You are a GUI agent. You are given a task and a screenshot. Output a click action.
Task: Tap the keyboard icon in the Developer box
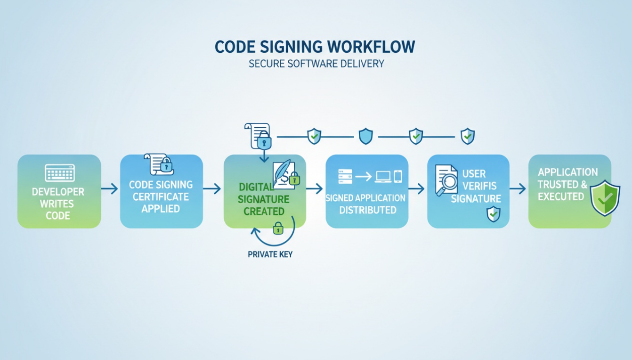(x=59, y=173)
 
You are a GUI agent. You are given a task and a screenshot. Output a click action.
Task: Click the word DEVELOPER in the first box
(x=58, y=192)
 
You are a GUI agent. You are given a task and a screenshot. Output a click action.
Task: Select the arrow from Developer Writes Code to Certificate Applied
(x=110, y=189)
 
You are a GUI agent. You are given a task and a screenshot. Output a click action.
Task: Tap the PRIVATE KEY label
(x=270, y=254)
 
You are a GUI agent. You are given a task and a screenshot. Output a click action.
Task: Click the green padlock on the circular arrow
(x=278, y=229)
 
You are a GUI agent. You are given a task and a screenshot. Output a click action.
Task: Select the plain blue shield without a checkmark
(x=365, y=136)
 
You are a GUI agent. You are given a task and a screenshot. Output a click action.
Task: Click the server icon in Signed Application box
(x=345, y=177)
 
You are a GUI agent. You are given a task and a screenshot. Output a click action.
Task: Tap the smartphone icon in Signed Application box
(x=398, y=177)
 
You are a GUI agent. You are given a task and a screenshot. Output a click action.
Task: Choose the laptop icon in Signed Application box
(x=382, y=177)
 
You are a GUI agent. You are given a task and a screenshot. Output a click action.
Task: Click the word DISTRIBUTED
(x=368, y=210)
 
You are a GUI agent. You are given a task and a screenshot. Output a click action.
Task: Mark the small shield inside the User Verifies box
(x=493, y=214)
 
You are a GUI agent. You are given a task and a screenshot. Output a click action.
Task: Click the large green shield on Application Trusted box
(x=605, y=198)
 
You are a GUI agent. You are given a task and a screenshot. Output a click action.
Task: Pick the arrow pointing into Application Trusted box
(x=518, y=189)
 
